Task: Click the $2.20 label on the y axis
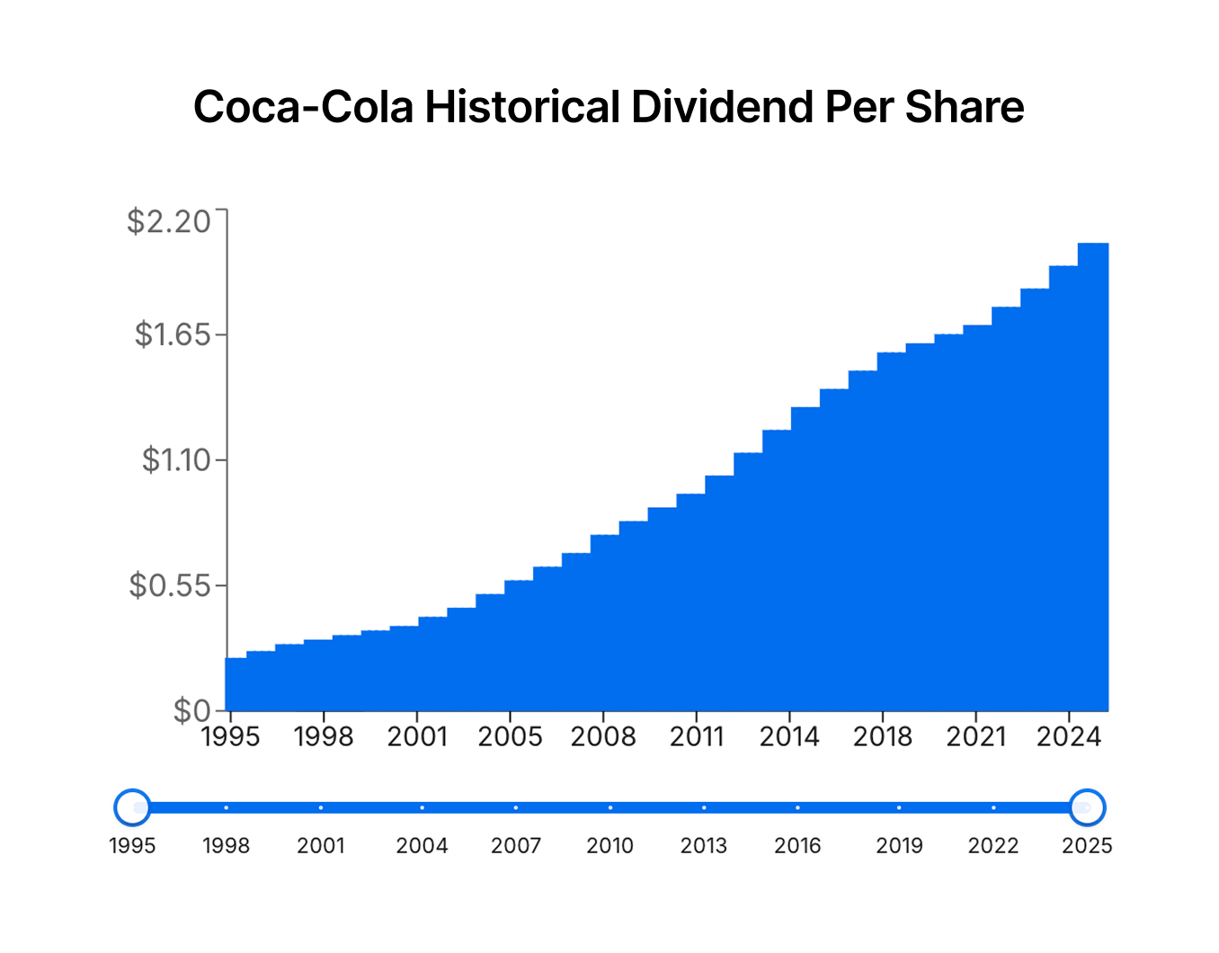[169, 221]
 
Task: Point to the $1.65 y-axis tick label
[173, 335]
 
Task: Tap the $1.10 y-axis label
[176, 460]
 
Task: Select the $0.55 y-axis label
[170, 586]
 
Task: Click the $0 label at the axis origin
[192, 711]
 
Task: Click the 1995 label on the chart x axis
[230, 737]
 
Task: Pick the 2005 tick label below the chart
[510, 737]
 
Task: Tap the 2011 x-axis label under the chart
[697, 737]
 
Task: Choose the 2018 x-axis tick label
[882, 737]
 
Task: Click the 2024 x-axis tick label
[1068, 737]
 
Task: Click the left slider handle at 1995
[133, 807]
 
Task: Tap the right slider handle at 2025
[1087, 807]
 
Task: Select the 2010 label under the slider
[609, 846]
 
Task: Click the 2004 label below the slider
[422, 846]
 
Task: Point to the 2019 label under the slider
[899, 846]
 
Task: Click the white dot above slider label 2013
[704, 807]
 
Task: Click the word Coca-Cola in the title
[303, 107]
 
